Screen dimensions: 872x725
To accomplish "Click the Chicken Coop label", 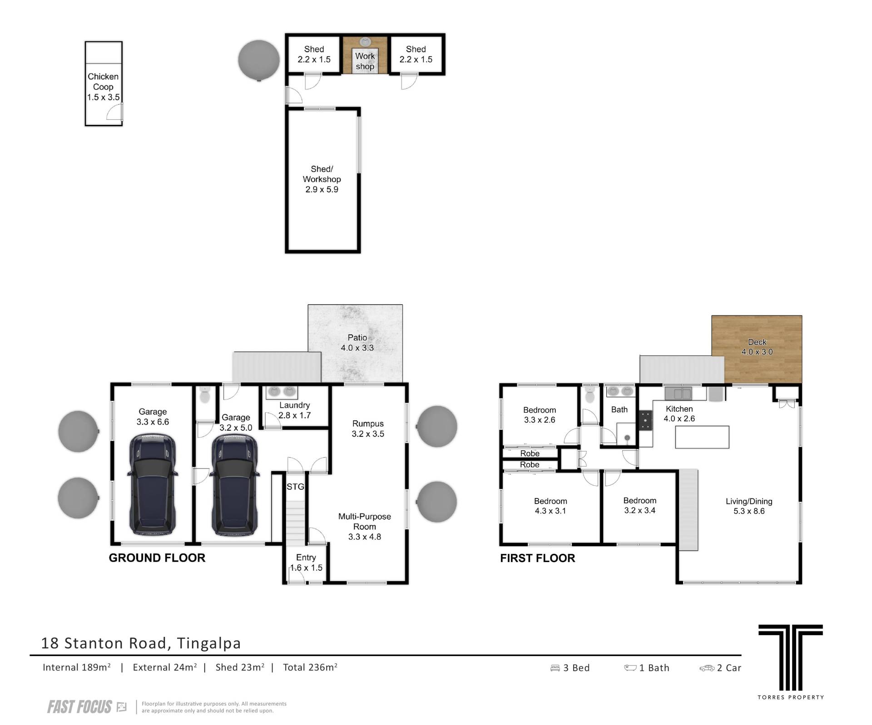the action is point(104,87).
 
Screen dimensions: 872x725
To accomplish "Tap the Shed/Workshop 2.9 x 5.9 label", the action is point(322,179).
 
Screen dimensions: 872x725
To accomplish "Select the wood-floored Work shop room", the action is point(365,54).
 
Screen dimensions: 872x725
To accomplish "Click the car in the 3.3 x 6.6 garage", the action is point(152,485).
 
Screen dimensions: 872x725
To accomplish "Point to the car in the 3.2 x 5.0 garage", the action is point(235,485).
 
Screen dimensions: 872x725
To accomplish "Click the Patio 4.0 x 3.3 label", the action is point(357,343).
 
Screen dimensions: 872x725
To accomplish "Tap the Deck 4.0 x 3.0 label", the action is point(757,347).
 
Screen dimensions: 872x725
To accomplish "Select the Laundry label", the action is point(295,405).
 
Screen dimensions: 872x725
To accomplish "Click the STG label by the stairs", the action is point(295,487).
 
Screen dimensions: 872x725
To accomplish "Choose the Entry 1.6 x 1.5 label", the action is point(306,562).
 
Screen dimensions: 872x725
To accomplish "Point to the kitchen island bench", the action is point(702,437).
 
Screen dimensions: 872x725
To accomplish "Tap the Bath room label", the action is point(619,409).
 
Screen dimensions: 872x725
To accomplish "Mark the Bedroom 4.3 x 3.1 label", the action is point(550,506).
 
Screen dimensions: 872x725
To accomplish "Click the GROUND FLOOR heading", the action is point(157,558).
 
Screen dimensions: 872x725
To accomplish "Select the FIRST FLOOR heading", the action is point(538,558).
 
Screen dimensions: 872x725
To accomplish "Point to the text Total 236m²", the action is point(310,667).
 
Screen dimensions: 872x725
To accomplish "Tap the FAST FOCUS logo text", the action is point(79,707).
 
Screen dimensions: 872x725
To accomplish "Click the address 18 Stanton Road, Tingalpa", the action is point(141,643).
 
